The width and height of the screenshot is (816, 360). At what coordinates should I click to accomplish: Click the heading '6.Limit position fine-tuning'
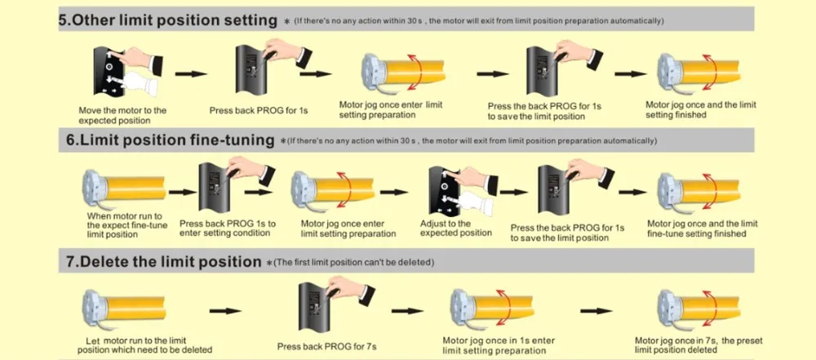[x=170, y=140]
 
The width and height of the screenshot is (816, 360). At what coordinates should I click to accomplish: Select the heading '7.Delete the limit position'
[x=162, y=262]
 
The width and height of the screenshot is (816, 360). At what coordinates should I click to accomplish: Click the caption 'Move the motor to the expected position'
[x=122, y=114]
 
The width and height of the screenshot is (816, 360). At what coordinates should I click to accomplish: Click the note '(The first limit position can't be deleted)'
[x=353, y=263]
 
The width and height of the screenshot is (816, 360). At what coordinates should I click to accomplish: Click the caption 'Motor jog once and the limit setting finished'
[x=700, y=109]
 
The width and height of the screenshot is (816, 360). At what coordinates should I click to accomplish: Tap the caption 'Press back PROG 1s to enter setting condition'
[x=228, y=228]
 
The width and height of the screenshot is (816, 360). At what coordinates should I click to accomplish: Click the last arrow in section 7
[x=596, y=310]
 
